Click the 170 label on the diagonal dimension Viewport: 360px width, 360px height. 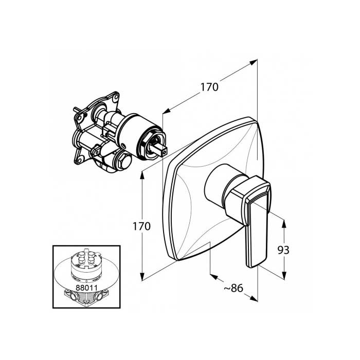tap(209, 87)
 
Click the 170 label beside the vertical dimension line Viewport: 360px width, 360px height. tap(141, 226)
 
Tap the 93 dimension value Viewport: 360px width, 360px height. tap(283, 250)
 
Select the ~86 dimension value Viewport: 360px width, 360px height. tap(233, 288)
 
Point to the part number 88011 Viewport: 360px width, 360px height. tap(86, 287)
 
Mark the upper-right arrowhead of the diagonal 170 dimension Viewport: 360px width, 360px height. tap(254, 62)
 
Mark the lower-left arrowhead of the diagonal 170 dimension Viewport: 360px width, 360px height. tap(167, 111)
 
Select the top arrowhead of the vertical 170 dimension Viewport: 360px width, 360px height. tap(142, 176)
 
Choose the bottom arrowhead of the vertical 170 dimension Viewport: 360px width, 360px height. tap(142, 276)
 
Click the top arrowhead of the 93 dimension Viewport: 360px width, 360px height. tap(284, 224)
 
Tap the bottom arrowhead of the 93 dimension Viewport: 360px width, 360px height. tap(284, 276)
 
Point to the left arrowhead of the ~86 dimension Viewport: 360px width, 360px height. tap(214, 277)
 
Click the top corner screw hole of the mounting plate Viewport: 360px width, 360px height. tap(115, 98)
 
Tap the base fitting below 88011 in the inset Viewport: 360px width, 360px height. tap(86, 298)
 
